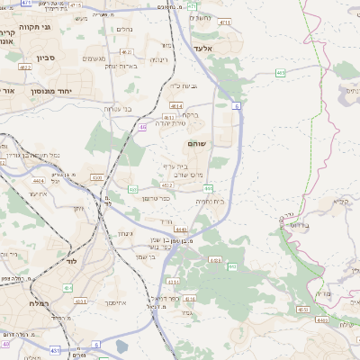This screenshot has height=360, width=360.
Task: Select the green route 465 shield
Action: [x=281, y=71]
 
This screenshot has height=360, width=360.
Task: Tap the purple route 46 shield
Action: [x=143, y=127]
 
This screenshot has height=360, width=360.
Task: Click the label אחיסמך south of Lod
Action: [x=105, y=301]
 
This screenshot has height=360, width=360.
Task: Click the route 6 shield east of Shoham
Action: [x=237, y=105]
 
